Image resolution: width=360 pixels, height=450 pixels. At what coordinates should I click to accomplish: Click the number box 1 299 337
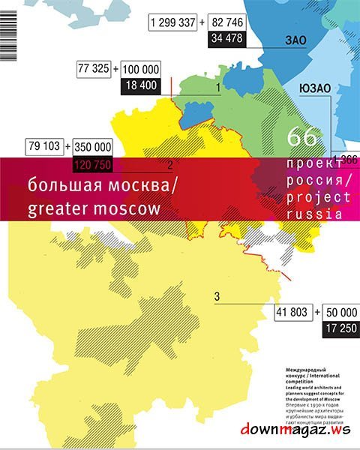174,23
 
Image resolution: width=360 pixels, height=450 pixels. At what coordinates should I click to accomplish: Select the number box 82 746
228,23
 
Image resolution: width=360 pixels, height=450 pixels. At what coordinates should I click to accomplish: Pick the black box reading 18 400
138,85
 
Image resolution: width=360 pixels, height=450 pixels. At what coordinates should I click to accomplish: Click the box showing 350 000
93,146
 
